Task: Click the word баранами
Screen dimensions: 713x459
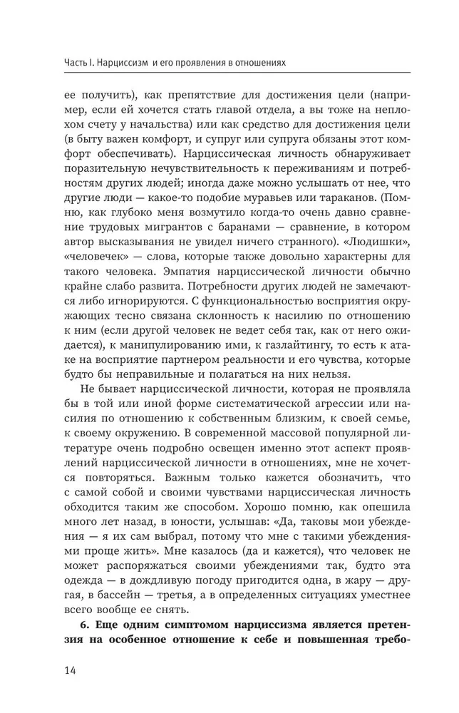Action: (229, 230)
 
